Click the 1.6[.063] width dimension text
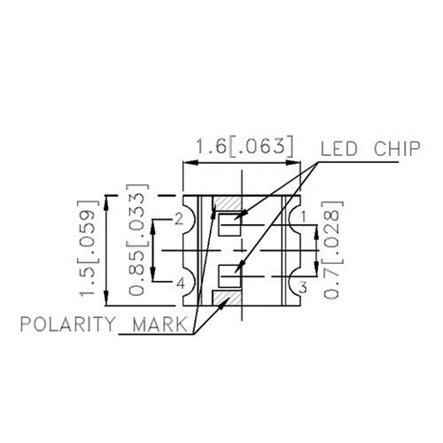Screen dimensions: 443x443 click(x=245, y=147)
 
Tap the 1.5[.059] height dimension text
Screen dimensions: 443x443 click(x=88, y=249)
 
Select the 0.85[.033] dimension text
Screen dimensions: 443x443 click(x=137, y=240)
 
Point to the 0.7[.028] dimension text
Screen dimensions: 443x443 click(x=332, y=250)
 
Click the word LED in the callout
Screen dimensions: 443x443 click(x=339, y=149)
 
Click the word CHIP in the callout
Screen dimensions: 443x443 click(x=397, y=149)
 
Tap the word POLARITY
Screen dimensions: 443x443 click(x=66, y=324)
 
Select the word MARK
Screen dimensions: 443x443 click(x=159, y=324)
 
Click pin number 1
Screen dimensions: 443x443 click(x=304, y=217)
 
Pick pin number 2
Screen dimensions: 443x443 click(x=179, y=219)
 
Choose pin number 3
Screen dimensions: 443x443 click(x=303, y=287)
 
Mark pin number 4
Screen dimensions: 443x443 click(x=181, y=284)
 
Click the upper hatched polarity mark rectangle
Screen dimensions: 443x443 click(x=227, y=204)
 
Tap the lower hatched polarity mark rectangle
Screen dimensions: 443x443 click(x=227, y=298)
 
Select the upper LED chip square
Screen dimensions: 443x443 click(x=229, y=224)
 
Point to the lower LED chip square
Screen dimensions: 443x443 click(x=229, y=276)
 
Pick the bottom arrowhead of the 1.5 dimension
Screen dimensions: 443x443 click(x=106, y=298)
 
